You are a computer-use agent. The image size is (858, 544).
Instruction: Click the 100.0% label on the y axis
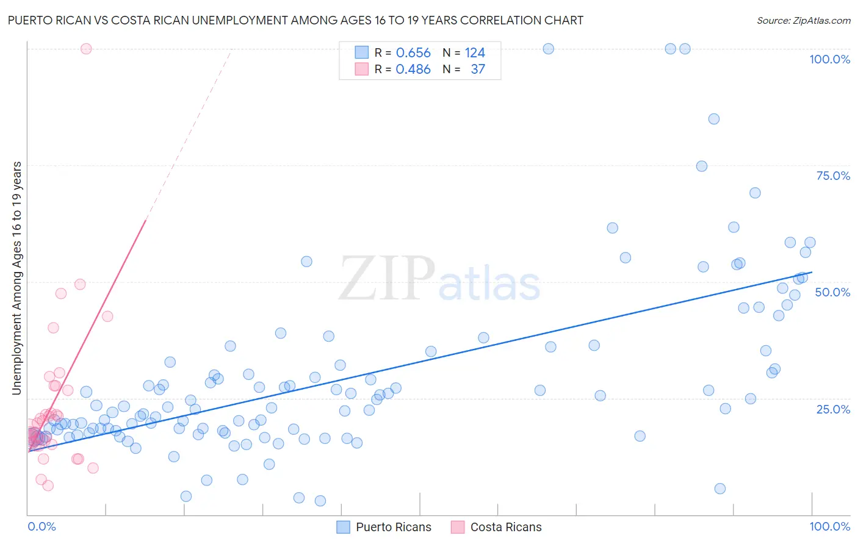click(829, 59)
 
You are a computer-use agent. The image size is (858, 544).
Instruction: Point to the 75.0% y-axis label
click(833, 176)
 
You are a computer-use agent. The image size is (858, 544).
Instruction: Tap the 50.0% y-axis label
click(832, 292)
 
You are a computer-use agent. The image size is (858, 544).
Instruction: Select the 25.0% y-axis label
click(833, 409)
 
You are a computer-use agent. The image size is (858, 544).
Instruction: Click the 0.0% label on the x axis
click(41, 526)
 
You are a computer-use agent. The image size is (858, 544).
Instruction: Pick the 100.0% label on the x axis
click(829, 526)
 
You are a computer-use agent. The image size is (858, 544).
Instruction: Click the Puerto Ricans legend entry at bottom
click(393, 527)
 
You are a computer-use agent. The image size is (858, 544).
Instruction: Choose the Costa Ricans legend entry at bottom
click(505, 527)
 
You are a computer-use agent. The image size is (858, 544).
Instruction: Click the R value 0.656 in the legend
click(413, 53)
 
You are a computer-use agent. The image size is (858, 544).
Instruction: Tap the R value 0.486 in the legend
click(413, 70)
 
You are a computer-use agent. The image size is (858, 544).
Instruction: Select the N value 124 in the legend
click(475, 53)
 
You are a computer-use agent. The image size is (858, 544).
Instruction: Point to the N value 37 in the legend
click(478, 70)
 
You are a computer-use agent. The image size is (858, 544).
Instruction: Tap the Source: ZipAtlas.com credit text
click(803, 20)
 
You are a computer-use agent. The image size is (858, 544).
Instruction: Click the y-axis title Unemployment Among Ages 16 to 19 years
click(16, 277)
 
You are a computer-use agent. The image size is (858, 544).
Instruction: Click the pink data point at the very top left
click(86, 49)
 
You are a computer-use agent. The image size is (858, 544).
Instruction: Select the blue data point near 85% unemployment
click(713, 119)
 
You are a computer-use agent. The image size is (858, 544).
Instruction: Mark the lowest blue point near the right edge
click(719, 489)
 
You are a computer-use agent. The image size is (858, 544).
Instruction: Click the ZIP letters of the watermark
click(387, 279)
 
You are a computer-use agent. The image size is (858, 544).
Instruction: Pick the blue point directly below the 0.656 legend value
click(431, 351)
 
